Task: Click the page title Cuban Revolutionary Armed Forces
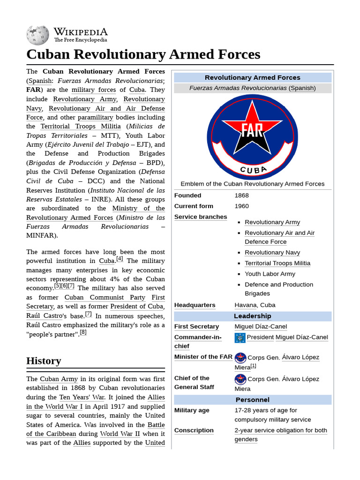pos(143,54)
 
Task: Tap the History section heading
pos(44,360)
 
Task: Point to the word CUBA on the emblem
pos(254,170)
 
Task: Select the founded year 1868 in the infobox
pos(241,195)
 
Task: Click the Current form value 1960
pos(241,206)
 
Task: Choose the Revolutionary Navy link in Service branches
pos(272,253)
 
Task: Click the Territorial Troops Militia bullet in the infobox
pos(277,263)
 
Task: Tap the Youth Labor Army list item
pos(270,274)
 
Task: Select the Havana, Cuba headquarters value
pos(255,305)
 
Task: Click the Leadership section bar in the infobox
pos(252,316)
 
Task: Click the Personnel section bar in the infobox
pos(252,400)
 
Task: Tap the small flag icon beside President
pos(240,337)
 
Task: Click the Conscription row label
pos(194,430)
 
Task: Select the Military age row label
pos(192,411)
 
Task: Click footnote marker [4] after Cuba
pos(120,259)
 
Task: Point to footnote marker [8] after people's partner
pos(83,332)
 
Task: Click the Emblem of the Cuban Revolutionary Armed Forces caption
pos(252,184)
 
